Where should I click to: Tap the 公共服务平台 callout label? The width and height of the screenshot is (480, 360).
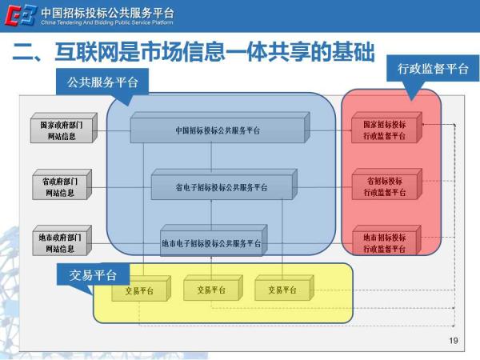[x=102, y=81]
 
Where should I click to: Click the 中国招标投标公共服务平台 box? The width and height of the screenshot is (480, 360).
[x=218, y=130]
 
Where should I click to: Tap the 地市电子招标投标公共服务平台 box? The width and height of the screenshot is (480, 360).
[x=212, y=243]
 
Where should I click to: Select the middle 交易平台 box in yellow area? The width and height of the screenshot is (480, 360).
[x=205, y=290]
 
